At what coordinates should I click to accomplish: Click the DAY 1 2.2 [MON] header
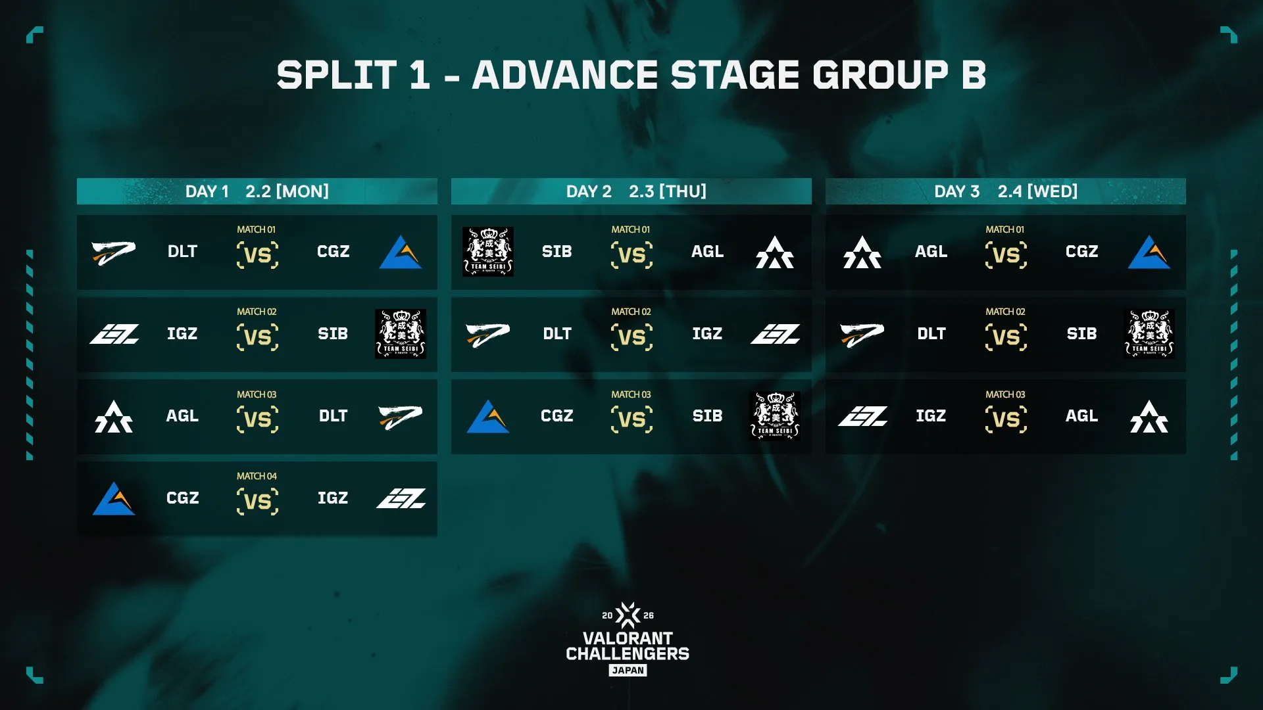257,191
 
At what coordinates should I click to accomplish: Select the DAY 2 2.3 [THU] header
635,191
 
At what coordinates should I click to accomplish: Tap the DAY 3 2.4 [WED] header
1005,191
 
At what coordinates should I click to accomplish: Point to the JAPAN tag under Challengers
628,671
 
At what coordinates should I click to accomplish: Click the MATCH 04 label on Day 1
257,476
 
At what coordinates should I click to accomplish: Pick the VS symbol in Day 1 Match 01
257,254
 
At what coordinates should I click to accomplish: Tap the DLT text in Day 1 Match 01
182,252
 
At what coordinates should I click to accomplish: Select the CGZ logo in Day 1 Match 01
401,252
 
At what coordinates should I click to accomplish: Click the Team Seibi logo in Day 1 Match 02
401,334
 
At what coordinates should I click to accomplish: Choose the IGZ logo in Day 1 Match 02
114,334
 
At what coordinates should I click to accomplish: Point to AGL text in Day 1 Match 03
182,416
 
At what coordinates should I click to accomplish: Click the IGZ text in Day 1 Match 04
333,498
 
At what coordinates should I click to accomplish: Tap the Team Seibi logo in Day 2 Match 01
488,252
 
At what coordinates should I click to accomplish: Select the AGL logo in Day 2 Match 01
775,252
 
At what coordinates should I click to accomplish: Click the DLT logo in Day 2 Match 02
488,334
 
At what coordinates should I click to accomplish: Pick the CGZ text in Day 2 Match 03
557,416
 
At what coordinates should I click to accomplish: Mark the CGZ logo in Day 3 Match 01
1149,252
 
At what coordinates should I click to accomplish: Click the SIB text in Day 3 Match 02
1081,334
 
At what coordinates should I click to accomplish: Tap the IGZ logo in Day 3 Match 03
862,416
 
